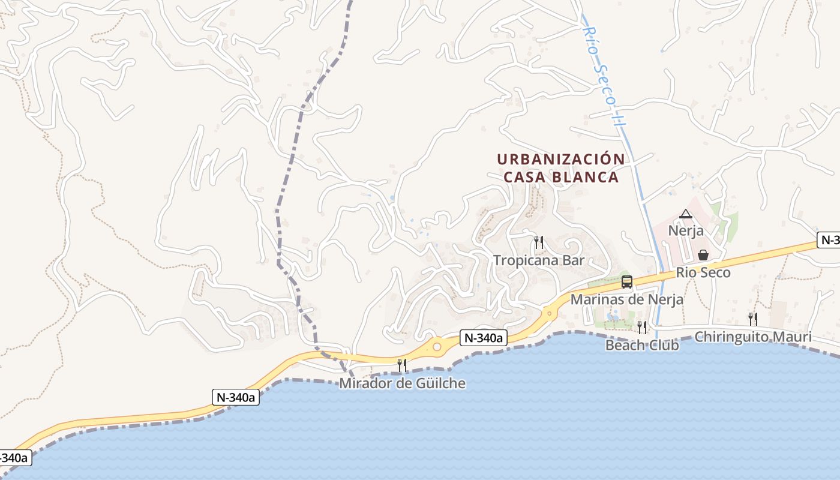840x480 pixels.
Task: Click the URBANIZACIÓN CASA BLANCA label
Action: (x=561, y=168)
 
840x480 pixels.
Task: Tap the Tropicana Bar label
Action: (x=539, y=260)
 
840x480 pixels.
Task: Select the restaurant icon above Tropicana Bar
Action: (x=539, y=242)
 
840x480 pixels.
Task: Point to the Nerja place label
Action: (x=685, y=230)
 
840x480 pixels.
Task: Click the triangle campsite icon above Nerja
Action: (x=685, y=214)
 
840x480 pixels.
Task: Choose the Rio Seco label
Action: (x=703, y=272)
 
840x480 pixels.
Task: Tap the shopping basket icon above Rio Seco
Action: (x=703, y=255)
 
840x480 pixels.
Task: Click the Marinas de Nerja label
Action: (x=626, y=299)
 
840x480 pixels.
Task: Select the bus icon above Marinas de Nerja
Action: (x=627, y=281)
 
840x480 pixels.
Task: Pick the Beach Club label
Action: (x=642, y=345)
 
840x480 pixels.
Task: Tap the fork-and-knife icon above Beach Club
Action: (x=642, y=328)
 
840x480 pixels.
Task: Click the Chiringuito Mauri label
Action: (x=752, y=337)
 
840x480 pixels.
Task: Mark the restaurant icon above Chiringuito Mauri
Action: (x=752, y=319)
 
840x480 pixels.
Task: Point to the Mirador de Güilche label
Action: (x=402, y=383)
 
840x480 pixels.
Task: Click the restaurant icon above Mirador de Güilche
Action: (x=402, y=365)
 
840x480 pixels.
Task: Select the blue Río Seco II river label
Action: (x=606, y=75)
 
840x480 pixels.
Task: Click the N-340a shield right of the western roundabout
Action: (x=484, y=338)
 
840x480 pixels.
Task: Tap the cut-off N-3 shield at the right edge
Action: (x=830, y=240)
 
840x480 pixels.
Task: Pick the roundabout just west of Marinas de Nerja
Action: (x=549, y=313)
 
